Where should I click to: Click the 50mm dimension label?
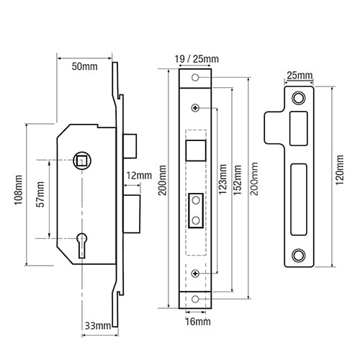84,66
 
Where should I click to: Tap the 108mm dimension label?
19,190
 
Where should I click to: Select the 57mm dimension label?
40,194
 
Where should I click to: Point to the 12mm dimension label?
139,176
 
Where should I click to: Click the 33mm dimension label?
98,326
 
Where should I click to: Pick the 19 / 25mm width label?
197,59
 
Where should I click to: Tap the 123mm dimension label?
222,179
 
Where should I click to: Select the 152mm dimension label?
238,180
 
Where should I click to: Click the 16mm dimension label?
198,322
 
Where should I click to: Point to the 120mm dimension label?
340,170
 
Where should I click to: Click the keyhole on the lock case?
82,246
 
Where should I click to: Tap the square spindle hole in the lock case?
82,161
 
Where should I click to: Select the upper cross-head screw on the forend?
195,108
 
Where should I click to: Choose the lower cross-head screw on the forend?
195,274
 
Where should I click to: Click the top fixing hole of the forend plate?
195,78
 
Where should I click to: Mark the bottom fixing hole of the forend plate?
195,299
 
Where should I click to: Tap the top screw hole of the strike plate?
299,98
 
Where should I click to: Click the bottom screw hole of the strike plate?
299,255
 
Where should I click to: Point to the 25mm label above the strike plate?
300,76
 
